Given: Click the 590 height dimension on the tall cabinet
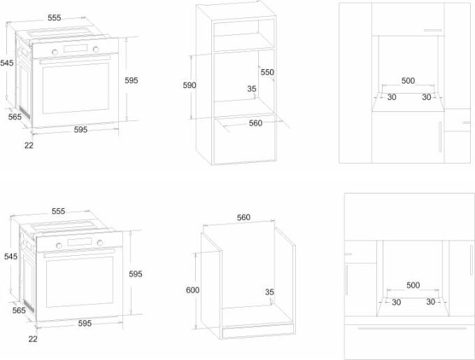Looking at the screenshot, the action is coord(190,85).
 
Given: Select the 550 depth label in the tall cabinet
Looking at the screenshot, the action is coord(267,73).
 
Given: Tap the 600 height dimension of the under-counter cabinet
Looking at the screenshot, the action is coord(192,290).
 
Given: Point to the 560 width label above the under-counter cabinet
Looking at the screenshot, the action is coord(243,217).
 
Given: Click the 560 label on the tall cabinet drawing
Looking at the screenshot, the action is coord(255,123).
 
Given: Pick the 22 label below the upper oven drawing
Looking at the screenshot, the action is coord(29,145).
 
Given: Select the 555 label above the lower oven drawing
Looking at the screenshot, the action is coord(58,211).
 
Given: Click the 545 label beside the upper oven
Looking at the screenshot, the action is coord(7,63).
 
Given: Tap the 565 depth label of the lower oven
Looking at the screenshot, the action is coord(19,310).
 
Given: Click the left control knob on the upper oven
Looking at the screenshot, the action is coord(55,52).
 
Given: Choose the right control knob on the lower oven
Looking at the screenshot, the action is coord(100,243).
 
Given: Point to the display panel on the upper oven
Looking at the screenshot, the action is coord(76,48).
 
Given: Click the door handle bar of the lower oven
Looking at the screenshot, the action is coord(79,253).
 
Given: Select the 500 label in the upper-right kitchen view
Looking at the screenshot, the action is coord(408,81).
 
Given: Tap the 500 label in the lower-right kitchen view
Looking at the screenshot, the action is coord(413,285).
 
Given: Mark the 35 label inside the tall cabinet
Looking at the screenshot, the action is coord(252,89).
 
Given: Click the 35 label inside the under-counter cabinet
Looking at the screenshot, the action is coord(269,292).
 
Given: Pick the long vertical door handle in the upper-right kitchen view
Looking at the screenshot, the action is coord(440,136).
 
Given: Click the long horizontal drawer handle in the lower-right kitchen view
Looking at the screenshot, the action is coord(412,329).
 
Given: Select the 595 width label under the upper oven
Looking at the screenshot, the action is coord(80,129).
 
